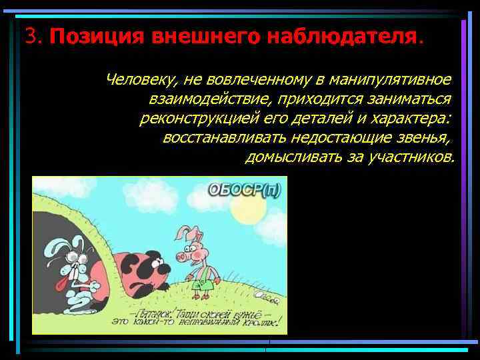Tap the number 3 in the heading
(29, 35)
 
